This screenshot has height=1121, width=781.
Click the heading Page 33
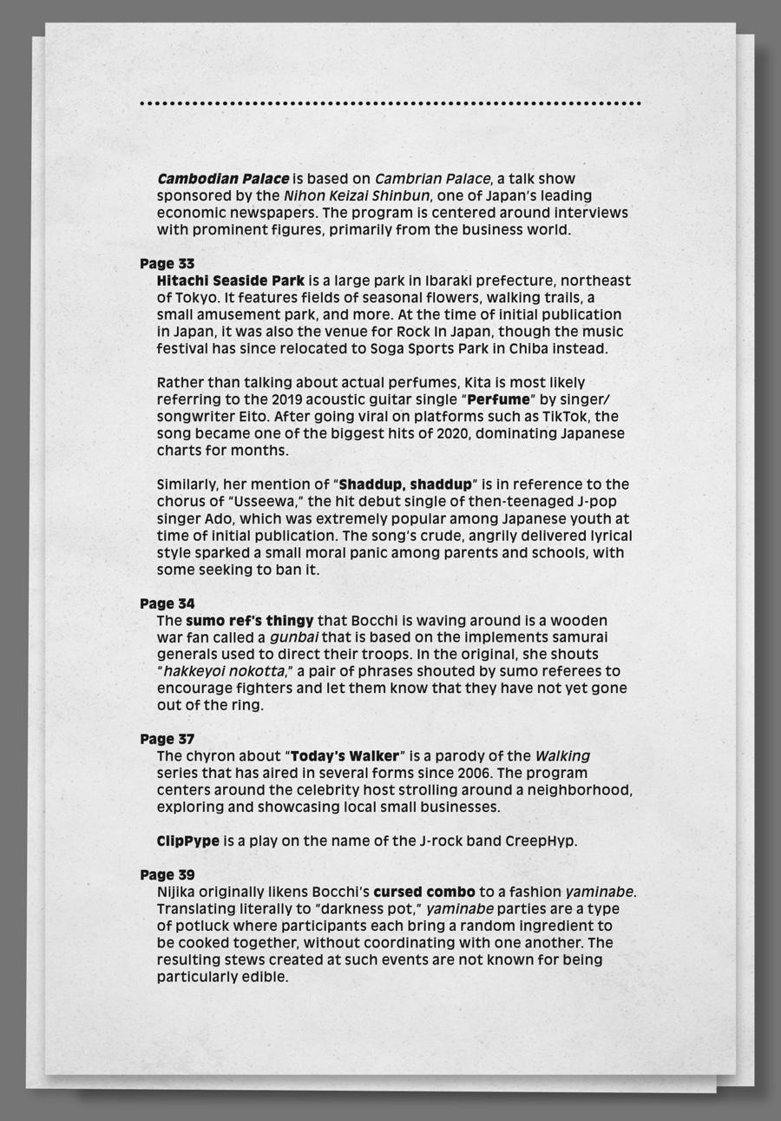[x=167, y=263]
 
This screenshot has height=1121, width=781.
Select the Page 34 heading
[x=167, y=603]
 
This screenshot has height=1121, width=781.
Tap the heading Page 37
[x=167, y=739]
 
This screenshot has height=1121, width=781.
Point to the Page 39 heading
[x=167, y=874]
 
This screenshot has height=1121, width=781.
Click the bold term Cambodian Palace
[x=223, y=179]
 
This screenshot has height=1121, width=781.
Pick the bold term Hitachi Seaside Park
[x=230, y=280]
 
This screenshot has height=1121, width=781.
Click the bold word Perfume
[x=497, y=399]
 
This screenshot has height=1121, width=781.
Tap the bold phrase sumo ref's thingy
[x=249, y=621]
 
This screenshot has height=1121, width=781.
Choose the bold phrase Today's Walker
[x=345, y=756]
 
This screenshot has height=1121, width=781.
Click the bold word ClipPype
[x=188, y=841]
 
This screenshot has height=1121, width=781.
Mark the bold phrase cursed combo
[x=424, y=892]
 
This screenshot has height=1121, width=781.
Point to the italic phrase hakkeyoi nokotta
[x=224, y=671]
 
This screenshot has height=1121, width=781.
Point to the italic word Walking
[x=562, y=756]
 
